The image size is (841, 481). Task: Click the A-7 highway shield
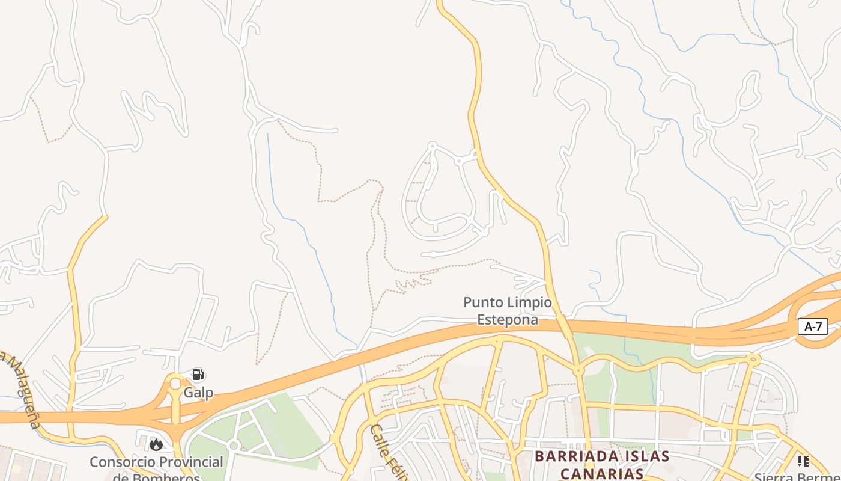coord(813,327)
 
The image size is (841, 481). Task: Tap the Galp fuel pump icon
coord(198,375)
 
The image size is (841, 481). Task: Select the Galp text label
coord(198,393)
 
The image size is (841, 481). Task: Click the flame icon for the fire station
coord(156,444)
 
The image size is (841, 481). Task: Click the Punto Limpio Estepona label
coord(508,311)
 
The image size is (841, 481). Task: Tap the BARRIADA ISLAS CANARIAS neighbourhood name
coord(601,465)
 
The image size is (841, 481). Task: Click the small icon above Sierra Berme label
coord(803,461)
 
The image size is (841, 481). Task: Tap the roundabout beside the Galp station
coord(175,384)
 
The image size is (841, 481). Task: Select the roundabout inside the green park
coord(234,446)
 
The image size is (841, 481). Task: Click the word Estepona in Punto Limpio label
coord(508,320)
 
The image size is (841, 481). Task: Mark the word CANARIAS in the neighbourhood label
coord(601,474)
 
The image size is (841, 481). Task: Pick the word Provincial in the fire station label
coord(186,462)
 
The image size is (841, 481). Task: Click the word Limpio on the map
coord(529,302)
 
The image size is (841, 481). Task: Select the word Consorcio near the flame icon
coord(117,462)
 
